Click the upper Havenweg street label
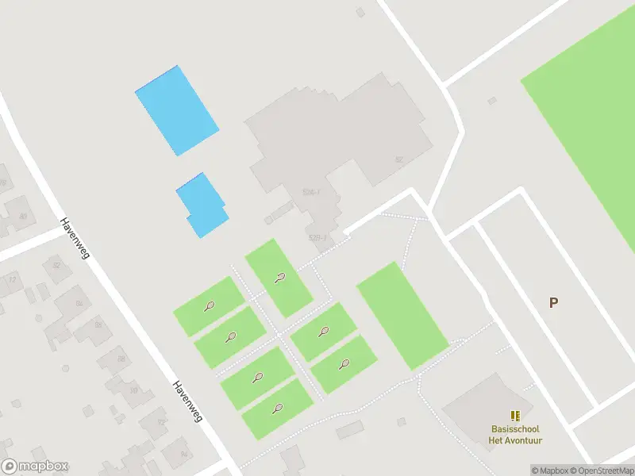coord(75,237)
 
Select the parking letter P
coord(553,302)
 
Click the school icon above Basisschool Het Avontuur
coord(515,415)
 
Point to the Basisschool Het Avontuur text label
coord(516,435)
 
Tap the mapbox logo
coord(35,466)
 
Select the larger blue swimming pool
coord(176,110)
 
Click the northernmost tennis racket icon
coord(279,278)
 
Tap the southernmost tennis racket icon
coord(277,409)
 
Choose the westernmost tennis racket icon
coord(209,305)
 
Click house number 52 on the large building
coord(399,159)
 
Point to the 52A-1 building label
coord(310,192)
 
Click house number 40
coord(23,216)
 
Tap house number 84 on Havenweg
coord(79,302)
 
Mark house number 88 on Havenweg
coord(121,359)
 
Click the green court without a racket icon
coord(402,315)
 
